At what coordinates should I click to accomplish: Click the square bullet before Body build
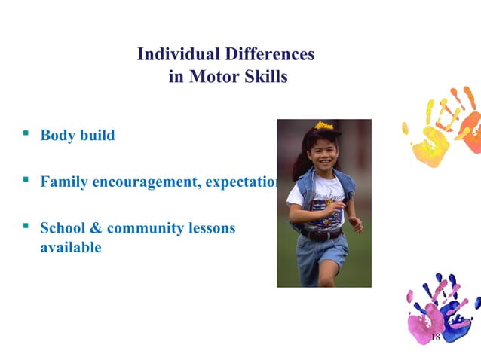point(26,133)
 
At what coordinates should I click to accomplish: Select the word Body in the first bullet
point(57,136)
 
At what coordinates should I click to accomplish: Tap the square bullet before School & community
point(26,225)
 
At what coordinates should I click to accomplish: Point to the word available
point(70,247)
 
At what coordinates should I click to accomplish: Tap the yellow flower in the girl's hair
point(324,125)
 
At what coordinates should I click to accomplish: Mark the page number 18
point(435,337)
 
